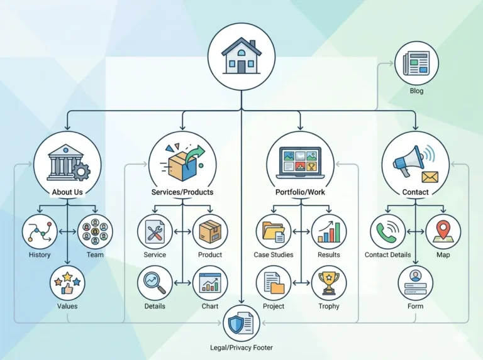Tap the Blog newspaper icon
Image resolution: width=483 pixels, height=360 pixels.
click(x=416, y=63)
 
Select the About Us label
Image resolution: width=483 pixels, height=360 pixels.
click(x=67, y=192)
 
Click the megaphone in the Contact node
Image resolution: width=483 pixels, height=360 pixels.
click(x=409, y=161)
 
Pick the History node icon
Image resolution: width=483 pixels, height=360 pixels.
click(x=40, y=232)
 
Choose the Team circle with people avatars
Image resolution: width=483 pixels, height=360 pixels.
click(x=95, y=232)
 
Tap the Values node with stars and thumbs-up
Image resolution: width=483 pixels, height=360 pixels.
click(x=67, y=283)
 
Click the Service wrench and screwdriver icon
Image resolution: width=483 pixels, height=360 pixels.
click(x=155, y=232)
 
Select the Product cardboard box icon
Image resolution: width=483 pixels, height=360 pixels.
click(x=210, y=232)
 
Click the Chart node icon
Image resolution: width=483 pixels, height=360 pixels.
click(x=210, y=283)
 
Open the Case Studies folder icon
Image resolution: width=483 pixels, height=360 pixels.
click(x=274, y=232)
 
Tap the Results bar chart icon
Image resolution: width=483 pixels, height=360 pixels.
click(x=329, y=232)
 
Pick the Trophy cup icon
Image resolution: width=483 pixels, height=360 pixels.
click(x=329, y=283)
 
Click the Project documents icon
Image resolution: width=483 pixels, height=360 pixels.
click(x=274, y=283)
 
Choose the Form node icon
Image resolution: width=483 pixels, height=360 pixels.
click(x=415, y=283)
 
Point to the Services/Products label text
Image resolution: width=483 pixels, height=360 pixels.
click(x=182, y=192)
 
